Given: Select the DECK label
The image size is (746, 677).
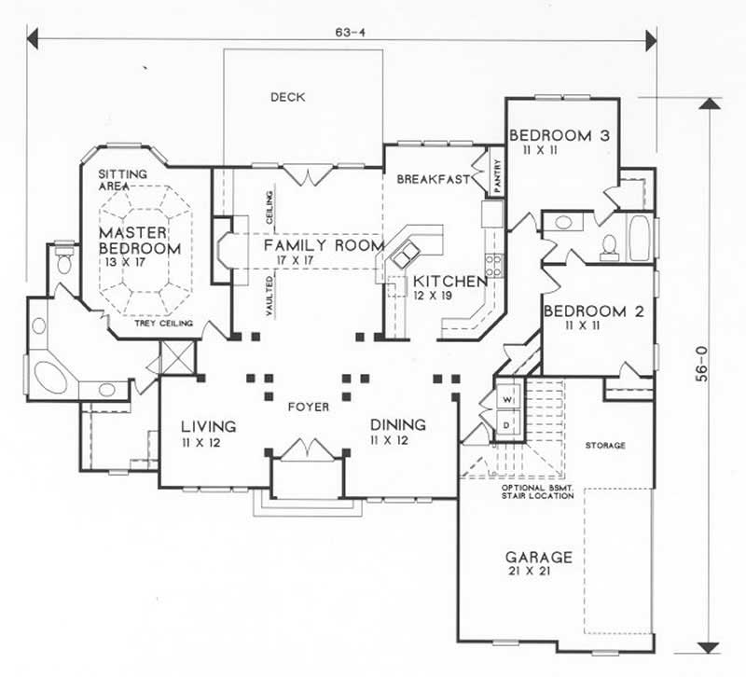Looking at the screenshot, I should (288, 97).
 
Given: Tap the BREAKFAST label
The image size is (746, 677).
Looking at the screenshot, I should (431, 180).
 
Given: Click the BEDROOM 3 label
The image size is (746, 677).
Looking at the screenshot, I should (559, 136).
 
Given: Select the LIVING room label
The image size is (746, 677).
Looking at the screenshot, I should (208, 426).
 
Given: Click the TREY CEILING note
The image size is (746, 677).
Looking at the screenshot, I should (166, 324).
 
